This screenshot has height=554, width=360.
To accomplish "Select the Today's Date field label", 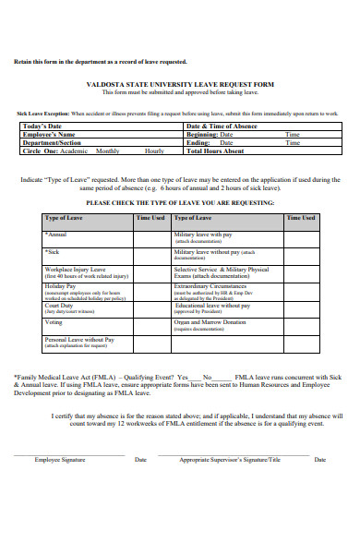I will (42, 126).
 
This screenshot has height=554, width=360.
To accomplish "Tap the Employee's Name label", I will (49, 135).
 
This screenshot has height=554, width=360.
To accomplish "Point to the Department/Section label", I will (52, 143).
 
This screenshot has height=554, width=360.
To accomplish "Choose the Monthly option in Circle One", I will (108, 151).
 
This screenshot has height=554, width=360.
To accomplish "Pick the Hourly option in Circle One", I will (154, 151).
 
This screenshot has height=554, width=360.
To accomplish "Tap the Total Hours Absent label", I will (216, 151).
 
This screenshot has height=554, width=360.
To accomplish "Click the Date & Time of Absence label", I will (222, 126).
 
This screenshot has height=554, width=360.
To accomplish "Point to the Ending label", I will (198, 143).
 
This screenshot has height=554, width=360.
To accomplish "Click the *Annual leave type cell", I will (56, 235).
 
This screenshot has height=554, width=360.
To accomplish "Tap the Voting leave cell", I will (54, 322).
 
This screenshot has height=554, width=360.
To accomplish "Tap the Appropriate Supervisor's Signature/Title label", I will (230, 459).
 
